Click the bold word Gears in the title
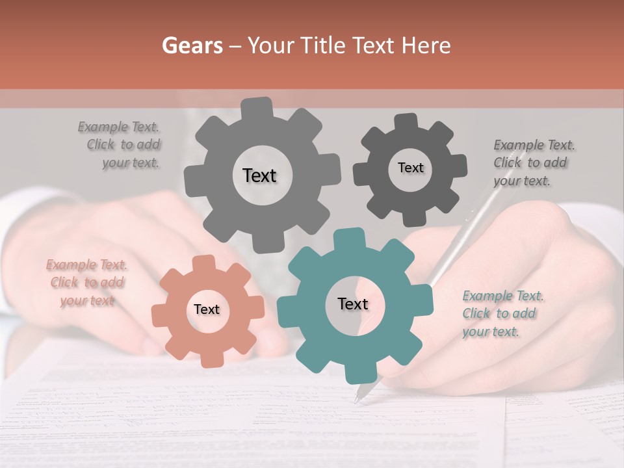pos(192,45)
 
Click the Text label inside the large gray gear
pos(259,175)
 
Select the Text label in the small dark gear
pos(410,168)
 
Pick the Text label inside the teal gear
pos(353,304)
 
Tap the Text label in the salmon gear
pos(207,310)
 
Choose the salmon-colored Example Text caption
pos(87,283)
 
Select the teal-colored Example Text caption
pos(502,314)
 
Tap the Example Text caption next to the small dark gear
pos(533,162)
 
